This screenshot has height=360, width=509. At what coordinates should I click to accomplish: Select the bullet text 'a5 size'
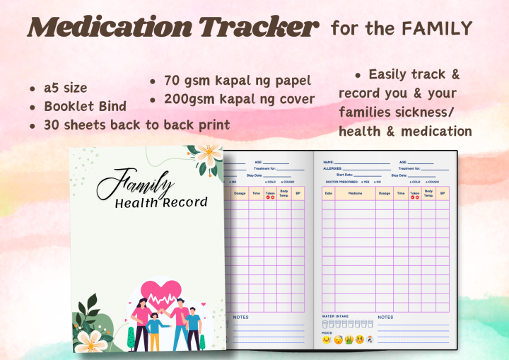[65, 88]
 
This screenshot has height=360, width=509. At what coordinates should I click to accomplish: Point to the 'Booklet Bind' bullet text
[85, 107]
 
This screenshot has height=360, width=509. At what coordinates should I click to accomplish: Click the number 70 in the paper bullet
[174, 80]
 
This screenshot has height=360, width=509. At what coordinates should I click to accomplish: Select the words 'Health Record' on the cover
[161, 203]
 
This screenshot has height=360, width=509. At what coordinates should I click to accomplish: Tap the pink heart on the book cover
[163, 293]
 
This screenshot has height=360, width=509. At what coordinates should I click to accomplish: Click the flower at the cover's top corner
[208, 156]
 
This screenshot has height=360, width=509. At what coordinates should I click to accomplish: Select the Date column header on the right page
[329, 193]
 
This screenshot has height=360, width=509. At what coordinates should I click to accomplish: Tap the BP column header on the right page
[443, 193]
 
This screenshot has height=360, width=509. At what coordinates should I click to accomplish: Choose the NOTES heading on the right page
[385, 317]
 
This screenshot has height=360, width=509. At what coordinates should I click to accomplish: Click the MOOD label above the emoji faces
[327, 332]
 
